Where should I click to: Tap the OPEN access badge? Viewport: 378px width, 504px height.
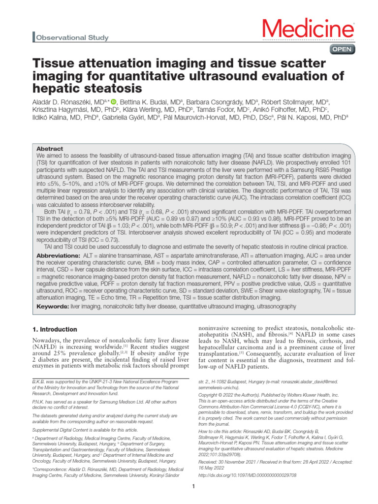point(341,49)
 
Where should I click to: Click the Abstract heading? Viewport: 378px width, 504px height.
point(50,148)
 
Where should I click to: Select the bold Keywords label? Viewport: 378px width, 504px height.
point(53,306)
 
